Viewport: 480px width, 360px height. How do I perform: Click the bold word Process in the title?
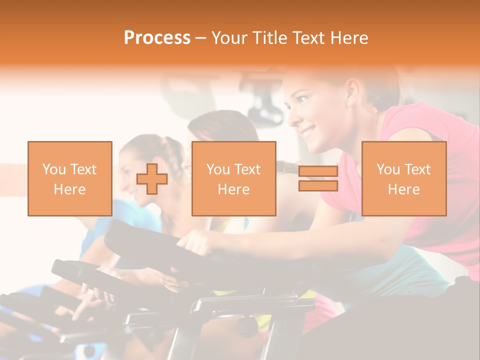coord(157,38)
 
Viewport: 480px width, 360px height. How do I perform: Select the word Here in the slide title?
coord(350,38)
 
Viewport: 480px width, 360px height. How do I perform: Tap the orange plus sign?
coord(152,179)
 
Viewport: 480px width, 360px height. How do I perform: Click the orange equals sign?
coord(318,178)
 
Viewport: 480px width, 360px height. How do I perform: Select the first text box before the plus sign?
coord(69,178)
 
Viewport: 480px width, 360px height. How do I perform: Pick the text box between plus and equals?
coord(233,178)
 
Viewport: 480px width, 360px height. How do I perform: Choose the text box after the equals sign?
coord(403,178)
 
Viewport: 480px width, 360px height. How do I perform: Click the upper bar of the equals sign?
coord(318,171)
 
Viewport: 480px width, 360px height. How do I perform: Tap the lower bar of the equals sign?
coord(318,185)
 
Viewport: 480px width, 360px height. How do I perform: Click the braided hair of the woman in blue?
coord(172,150)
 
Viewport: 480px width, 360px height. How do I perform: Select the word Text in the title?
coord(309,38)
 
